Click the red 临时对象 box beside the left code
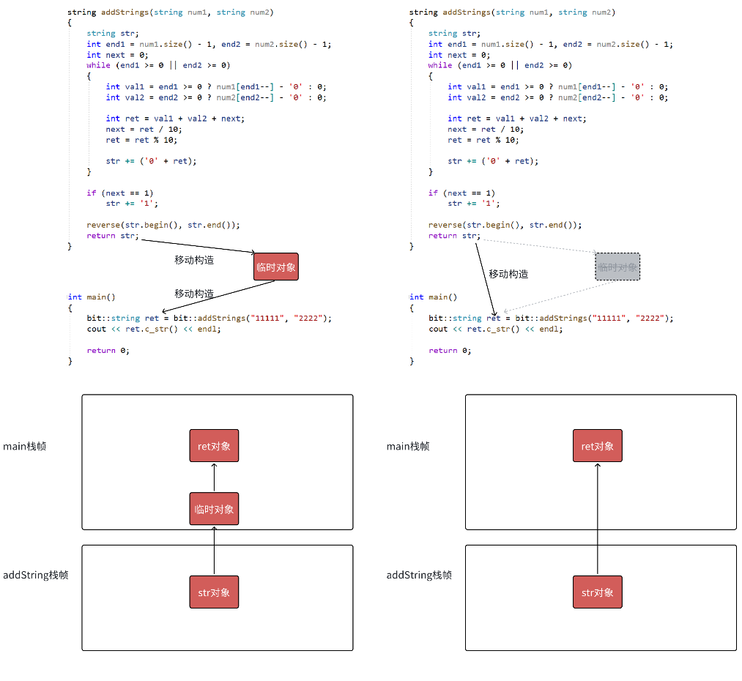(x=276, y=267)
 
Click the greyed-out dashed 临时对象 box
(x=617, y=267)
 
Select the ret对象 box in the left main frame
(x=214, y=446)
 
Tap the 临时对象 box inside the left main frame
(x=214, y=509)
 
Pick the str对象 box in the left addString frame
(x=214, y=592)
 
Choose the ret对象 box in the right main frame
(x=597, y=446)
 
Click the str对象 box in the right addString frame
(x=597, y=592)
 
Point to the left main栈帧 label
(x=25, y=446)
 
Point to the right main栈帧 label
(x=408, y=446)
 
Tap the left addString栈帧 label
(x=36, y=575)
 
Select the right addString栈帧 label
(x=419, y=575)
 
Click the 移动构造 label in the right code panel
(x=508, y=274)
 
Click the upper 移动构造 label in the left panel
(x=194, y=260)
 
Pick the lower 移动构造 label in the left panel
(x=194, y=294)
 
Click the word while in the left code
(x=98, y=65)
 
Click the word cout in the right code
(x=438, y=329)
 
